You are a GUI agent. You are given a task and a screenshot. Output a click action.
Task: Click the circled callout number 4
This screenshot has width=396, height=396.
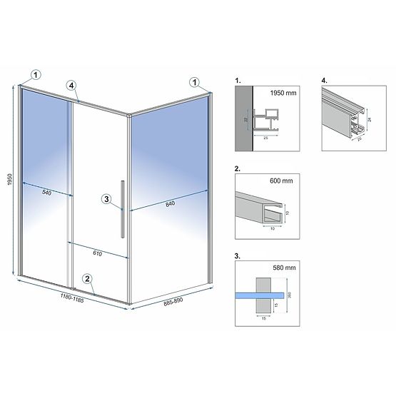pos(72,85)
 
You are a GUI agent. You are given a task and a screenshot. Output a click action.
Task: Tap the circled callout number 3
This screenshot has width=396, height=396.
pos(106,199)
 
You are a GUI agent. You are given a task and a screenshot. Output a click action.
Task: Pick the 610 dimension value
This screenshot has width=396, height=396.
pos(97,253)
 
